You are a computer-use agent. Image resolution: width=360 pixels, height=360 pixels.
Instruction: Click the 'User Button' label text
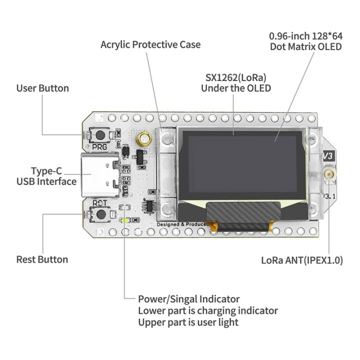pos(42,88)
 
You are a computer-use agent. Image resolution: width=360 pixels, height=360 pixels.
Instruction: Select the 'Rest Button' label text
pos(42,259)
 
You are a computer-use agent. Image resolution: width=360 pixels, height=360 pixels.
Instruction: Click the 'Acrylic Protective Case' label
pos(150,44)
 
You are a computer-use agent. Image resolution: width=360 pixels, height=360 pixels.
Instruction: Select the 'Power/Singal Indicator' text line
pos(188,299)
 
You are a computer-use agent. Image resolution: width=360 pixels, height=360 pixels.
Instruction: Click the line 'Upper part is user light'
pos(188,322)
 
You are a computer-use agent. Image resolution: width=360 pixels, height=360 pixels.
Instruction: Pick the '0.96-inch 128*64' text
pos(305,36)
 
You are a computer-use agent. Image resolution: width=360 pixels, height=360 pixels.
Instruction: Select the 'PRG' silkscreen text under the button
pos(99,147)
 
